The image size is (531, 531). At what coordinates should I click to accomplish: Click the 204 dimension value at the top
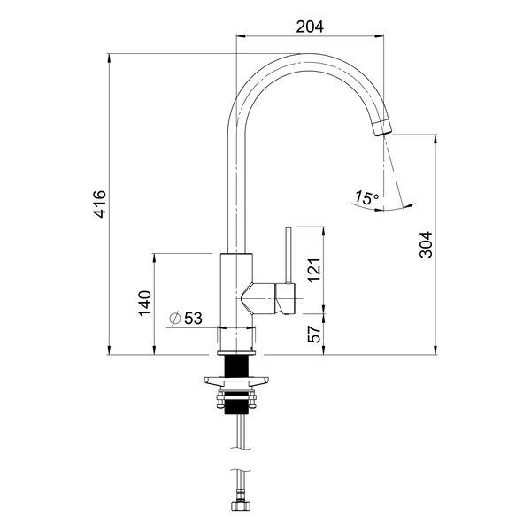(x=309, y=27)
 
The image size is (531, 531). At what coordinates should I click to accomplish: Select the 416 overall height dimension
(x=100, y=204)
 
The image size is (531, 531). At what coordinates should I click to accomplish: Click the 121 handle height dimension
(x=312, y=268)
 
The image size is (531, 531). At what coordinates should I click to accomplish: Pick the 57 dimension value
(x=312, y=333)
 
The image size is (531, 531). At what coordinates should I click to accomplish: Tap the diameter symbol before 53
(x=174, y=317)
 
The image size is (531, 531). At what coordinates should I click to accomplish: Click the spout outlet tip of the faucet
(x=381, y=127)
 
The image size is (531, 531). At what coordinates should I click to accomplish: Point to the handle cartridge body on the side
(x=285, y=298)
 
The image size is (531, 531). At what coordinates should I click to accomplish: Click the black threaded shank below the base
(x=235, y=365)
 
